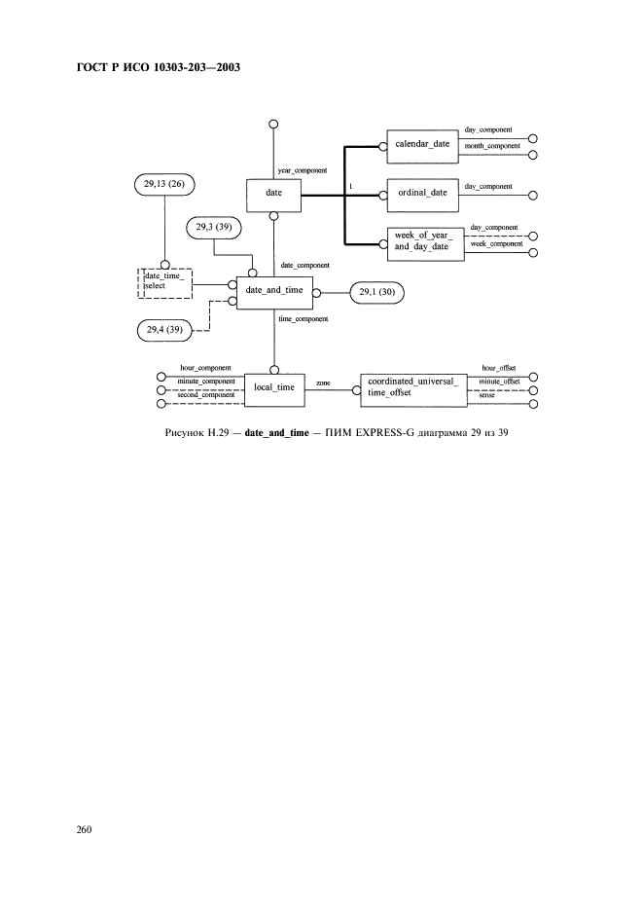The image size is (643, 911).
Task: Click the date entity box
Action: (273, 194)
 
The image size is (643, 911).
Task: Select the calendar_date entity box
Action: (421, 145)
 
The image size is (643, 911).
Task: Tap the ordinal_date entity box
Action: (421, 193)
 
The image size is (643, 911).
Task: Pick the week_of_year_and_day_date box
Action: (421, 240)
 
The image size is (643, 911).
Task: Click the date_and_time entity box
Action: (273, 290)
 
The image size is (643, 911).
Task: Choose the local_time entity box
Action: (273, 386)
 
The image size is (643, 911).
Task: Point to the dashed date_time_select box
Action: (164, 282)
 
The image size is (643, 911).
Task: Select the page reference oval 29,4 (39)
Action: (162, 331)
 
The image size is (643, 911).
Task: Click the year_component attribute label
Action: (303, 170)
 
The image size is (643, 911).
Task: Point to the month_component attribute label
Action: (492, 146)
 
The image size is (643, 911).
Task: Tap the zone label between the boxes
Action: (323, 383)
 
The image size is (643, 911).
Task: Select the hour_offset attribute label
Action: (499, 369)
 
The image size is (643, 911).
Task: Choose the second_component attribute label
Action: (205, 394)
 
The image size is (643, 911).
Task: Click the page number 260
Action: (84, 829)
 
